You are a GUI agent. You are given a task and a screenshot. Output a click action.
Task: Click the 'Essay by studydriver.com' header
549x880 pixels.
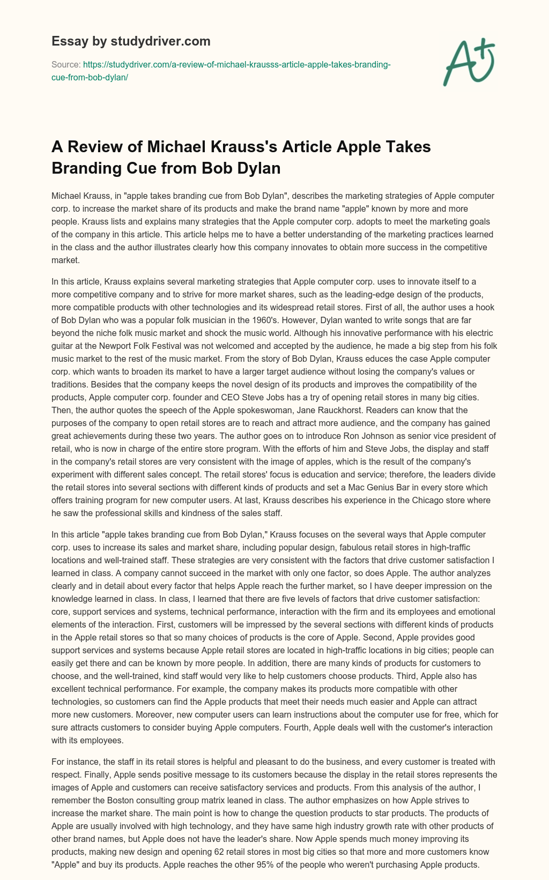tap(131, 41)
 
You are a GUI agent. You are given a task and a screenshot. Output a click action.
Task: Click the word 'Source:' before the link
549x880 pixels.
tap(65, 64)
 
